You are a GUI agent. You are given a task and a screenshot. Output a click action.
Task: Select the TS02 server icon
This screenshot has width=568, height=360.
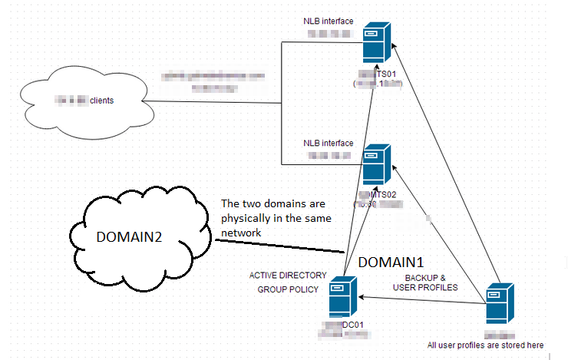click(x=375, y=164)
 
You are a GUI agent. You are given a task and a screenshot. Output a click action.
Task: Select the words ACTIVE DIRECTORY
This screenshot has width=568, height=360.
click(x=288, y=275)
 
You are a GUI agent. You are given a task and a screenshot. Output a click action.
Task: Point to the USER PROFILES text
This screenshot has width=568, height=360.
click(x=425, y=287)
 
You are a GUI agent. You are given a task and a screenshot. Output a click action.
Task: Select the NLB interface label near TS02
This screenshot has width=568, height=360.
click(x=328, y=143)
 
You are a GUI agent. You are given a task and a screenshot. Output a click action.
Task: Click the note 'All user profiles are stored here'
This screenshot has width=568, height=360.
click(x=485, y=345)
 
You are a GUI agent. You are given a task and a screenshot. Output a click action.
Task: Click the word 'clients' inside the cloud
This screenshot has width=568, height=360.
click(x=103, y=101)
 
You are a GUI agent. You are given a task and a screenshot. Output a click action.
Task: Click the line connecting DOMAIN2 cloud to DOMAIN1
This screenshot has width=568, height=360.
click(x=276, y=246)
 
